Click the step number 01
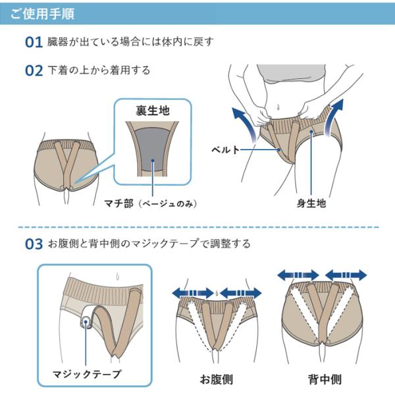34,43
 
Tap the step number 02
34,70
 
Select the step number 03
34,244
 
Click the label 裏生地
152,111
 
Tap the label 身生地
311,204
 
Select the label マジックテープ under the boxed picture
87,373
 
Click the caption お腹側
217,379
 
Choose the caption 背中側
324,379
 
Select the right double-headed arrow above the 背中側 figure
346,273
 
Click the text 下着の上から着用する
99,70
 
